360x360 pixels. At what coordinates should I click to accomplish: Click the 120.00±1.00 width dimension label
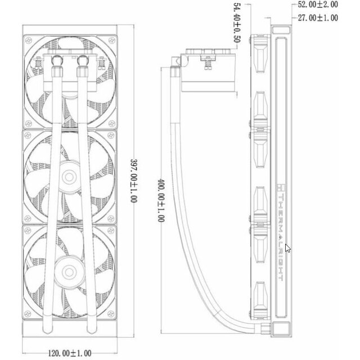coord(69,353)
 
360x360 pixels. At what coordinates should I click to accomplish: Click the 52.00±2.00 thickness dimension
coord(318,4)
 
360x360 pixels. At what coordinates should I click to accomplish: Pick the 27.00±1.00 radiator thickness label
coord(318,18)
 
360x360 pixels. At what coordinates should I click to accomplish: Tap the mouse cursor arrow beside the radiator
coord(288,248)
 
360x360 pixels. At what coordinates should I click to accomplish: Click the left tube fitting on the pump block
coord(57,61)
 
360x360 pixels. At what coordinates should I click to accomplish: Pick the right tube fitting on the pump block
coord(83,61)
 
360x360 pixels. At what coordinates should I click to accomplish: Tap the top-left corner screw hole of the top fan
coord(29,41)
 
